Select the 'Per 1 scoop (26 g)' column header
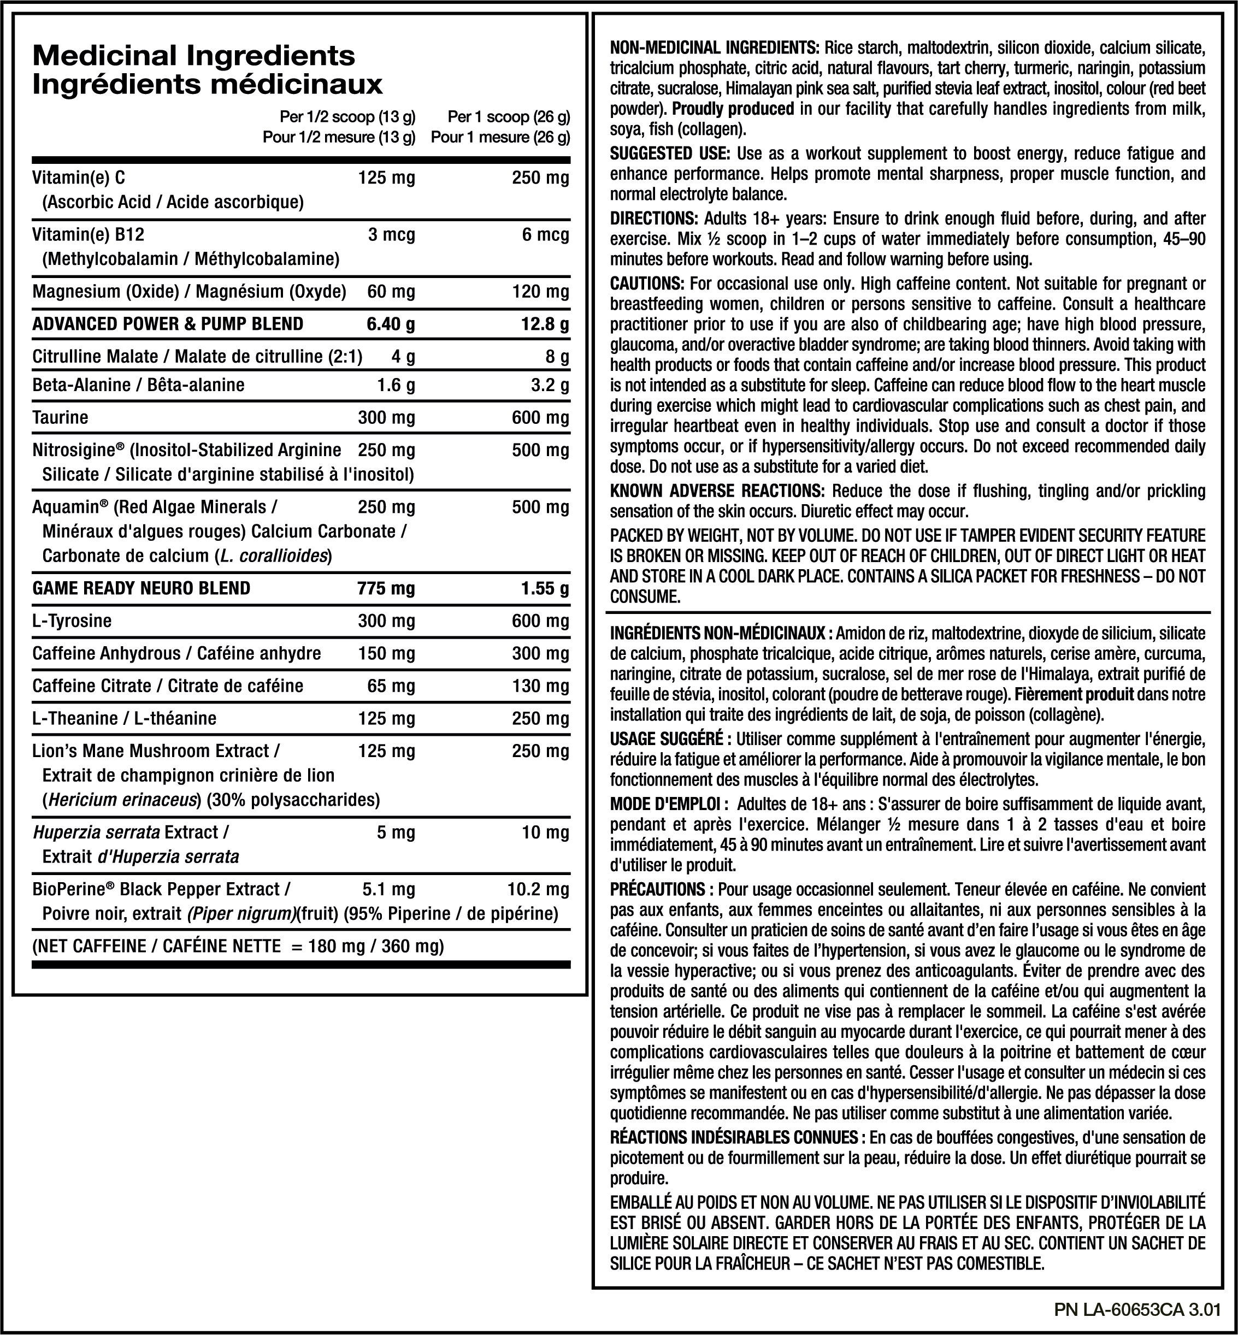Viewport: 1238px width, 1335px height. [x=509, y=117]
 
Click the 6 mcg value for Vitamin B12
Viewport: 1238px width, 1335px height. [x=545, y=235]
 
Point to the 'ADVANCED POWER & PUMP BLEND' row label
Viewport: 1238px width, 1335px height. [x=168, y=324]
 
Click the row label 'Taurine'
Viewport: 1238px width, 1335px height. [x=60, y=418]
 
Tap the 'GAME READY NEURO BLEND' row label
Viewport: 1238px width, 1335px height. [x=142, y=588]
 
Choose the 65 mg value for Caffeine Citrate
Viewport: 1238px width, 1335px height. [x=391, y=686]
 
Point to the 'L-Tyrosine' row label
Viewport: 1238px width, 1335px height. [x=72, y=621]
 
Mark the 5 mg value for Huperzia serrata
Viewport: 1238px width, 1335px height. [x=395, y=832]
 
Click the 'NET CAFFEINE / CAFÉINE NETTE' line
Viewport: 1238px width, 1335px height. [x=238, y=947]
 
